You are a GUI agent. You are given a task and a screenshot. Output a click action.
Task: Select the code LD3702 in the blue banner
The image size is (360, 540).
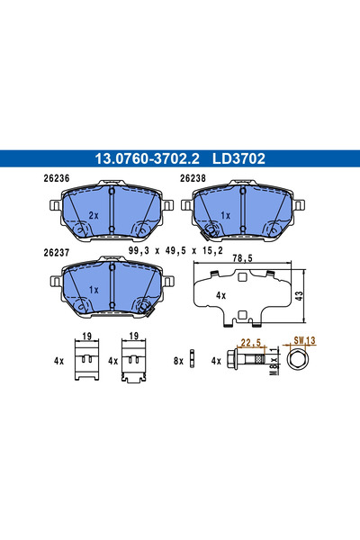tap(238, 158)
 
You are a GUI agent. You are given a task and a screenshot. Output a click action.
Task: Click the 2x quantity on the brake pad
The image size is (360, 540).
tap(93, 216)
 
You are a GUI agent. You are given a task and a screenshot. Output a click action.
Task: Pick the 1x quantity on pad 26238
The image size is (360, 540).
tap(226, 216)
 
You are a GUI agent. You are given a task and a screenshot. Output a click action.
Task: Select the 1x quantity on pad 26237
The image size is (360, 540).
tap(93, 290)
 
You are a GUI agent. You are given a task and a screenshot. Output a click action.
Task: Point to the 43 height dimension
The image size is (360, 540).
tap(311, 295)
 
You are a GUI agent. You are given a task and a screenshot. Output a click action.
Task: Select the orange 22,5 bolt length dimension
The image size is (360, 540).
tap(251, 342)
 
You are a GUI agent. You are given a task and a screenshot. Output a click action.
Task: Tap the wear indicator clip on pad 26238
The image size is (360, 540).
tap(213, 232)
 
